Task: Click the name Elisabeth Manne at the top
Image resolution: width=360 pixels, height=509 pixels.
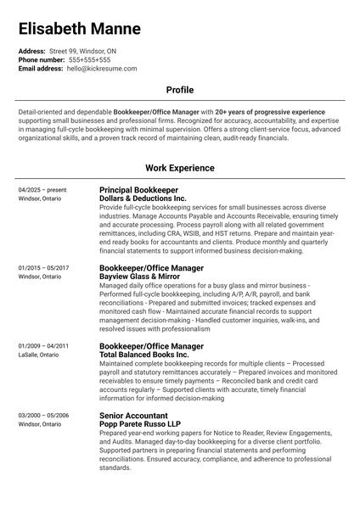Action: click(x=80, y=29)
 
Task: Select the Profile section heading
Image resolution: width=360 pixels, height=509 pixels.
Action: click(x=180, y=89)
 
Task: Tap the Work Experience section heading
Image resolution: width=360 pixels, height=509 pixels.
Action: click(x=180, y=168)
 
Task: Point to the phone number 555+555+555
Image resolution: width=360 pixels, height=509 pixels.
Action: click(x=89, y=60)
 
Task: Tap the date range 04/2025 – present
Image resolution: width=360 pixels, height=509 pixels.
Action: click(x=42, y=190)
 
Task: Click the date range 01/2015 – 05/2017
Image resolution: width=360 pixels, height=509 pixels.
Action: click(x=43, y=268)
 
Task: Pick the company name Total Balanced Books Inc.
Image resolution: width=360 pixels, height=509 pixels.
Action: click(x=143, y=355)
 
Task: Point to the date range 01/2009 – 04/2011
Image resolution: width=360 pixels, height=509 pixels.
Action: click(x=43, y=346)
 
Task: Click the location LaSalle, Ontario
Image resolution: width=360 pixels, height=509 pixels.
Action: click(x=38, y=355)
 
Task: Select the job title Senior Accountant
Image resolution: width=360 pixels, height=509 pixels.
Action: click(x=133, y=416)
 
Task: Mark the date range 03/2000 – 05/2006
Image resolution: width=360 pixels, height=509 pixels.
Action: click(x=43, y=416)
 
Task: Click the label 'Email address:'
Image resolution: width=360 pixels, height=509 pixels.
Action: click(x=41, y=68)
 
